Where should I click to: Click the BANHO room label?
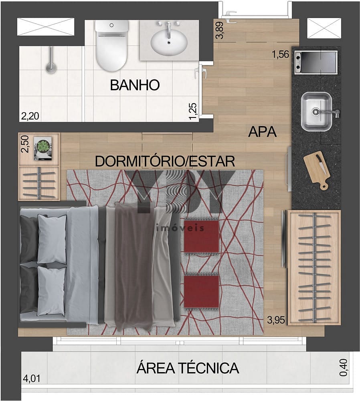coord(135,85)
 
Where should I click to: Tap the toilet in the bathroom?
coord(111,46)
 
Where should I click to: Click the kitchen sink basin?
coord(317,111)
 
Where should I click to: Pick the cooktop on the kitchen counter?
coord(316,62)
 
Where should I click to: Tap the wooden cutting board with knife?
coord(317,170)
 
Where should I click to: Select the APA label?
coord(262,132)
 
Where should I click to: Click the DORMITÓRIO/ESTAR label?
coord(165,161)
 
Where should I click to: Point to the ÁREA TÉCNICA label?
coord(188,368)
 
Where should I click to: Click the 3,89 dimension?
coord(220,30)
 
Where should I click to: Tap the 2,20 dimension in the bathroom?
coord(30,116)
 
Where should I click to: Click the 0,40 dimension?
coord(344,368)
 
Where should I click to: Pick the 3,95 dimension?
coord(276,320)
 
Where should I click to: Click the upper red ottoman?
coord(202,236)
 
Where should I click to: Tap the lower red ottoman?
coord(202,291)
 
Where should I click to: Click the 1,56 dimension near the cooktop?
coord(280,55)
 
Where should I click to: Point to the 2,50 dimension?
coord(25,144)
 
